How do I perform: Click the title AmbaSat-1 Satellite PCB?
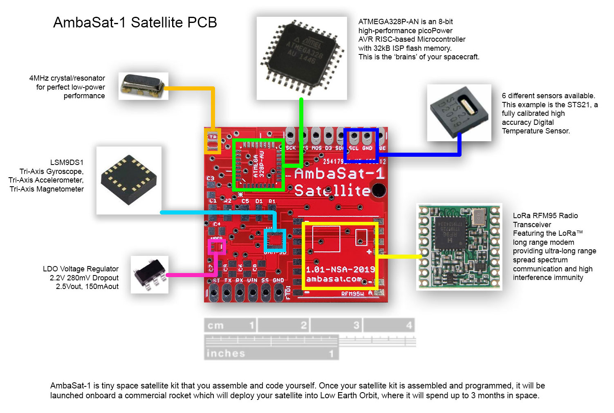(135, 23)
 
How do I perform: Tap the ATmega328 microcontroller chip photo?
(302, 58)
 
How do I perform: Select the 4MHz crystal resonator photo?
(143, 86)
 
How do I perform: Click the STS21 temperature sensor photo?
(459, 113)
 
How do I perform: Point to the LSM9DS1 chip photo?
(129, 180)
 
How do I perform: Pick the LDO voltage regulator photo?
(150, 274)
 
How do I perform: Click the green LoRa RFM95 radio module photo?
(459, 247)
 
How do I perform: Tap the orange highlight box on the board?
(213, 141)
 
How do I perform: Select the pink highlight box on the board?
(217, 247)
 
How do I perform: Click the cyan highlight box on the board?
(275, 240)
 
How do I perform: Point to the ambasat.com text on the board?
(334, 279)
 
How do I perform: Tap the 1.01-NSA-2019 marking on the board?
(340, 269)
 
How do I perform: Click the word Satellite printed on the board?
(332, 191)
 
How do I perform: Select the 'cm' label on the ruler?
(215, 326)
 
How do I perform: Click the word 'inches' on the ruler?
(226, 353)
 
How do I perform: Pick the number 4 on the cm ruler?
(409, 325)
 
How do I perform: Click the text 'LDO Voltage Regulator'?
(81, 269)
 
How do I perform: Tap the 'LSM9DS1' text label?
(67, 162)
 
